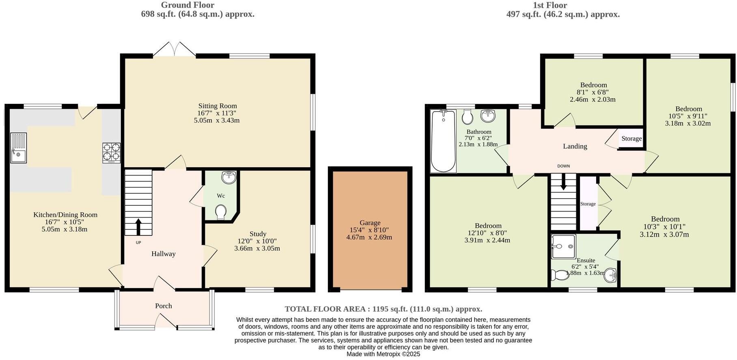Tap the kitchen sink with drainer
pos(18,148)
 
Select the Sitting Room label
pos(218,106)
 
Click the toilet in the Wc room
pos(221,212)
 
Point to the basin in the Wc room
pos(229,177)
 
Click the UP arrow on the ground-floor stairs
pos(138,227)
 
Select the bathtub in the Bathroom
pos(443,141)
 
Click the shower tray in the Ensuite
pos(563,246)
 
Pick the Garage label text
pos(370,222)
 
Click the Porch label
pos(164,306)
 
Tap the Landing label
pos(575,146)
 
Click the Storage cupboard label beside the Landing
pos(631,138)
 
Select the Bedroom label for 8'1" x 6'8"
pos(593,85)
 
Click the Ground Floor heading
pos(187,5)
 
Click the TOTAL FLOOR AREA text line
pos(383,309)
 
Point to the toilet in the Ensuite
pos(560,275)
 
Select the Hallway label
pos(164,254)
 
